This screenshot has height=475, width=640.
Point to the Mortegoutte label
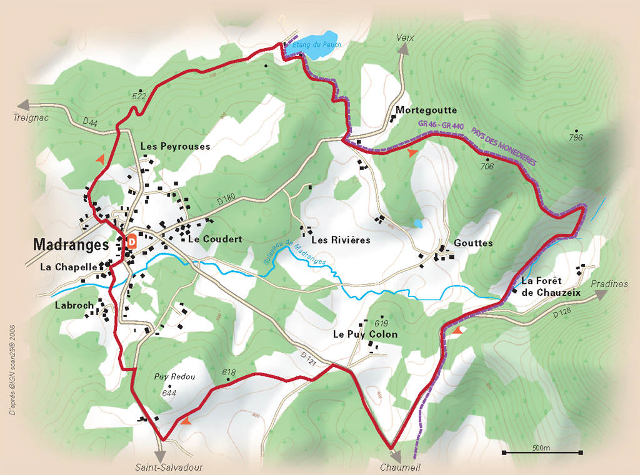pos(427,110)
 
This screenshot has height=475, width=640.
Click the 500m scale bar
pos(542,451)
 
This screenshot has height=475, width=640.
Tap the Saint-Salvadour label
pos(169,467)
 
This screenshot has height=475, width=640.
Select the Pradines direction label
pos(609,284)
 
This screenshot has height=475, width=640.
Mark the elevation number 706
pos(487,166)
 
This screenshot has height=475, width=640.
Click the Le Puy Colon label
pos(365,335)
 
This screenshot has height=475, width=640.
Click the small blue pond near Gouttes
pos(417,223)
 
